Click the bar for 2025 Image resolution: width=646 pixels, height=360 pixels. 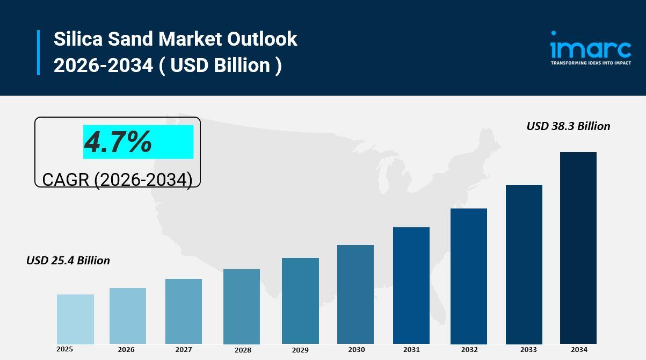click(x=75, y=319)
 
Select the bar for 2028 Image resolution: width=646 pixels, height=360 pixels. click(x=242, y=306)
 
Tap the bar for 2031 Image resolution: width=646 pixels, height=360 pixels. click(x=411, y=285)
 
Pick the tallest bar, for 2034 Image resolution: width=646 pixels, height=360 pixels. click(x=578, y=248)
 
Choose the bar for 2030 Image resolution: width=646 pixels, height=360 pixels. click(x=355, y=294)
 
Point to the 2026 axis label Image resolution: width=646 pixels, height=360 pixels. click(x=126, y=350)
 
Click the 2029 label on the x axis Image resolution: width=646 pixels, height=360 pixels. click(x=300, y=350)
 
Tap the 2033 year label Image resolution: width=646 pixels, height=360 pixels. click(x=524, y=350)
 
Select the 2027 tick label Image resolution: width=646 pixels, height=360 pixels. click(x=184, y=350)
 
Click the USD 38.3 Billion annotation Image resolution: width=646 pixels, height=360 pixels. click(x=568, y=126)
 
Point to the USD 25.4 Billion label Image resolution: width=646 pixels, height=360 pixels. click(x=68, y=261)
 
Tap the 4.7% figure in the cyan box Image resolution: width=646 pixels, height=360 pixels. click(x=118, y=142)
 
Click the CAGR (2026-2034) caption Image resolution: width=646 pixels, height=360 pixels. click(x=117, y=179)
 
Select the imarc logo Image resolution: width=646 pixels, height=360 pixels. click(x=591, y=45)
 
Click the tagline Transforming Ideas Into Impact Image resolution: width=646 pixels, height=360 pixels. click(x=591, y=63)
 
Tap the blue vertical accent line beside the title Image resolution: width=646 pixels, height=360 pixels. click(x=39, y=53)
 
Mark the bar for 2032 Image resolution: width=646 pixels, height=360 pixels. click(x=469, y=276)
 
